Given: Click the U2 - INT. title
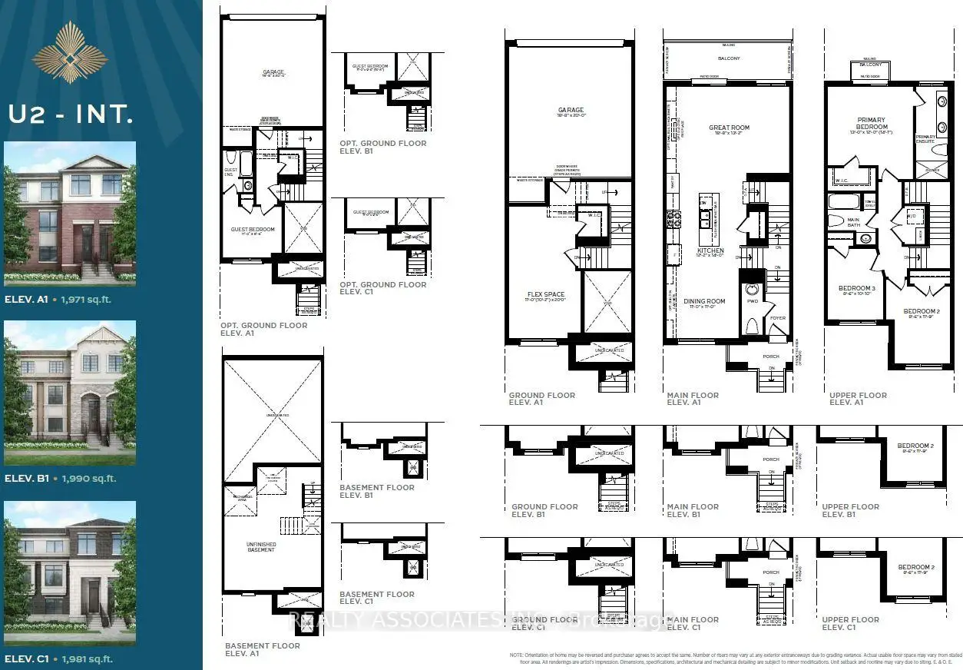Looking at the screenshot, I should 71,114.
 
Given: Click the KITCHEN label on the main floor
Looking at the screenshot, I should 710,251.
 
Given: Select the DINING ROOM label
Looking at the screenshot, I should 705,301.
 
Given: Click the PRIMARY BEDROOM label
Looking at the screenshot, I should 872,124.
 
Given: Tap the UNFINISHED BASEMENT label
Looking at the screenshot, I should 261,546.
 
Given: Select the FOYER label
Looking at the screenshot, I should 778,317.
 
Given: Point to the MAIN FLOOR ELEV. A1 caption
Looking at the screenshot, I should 693,399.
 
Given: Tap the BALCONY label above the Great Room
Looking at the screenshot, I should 728,58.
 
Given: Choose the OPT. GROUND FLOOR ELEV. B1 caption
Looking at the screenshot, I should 382,147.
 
